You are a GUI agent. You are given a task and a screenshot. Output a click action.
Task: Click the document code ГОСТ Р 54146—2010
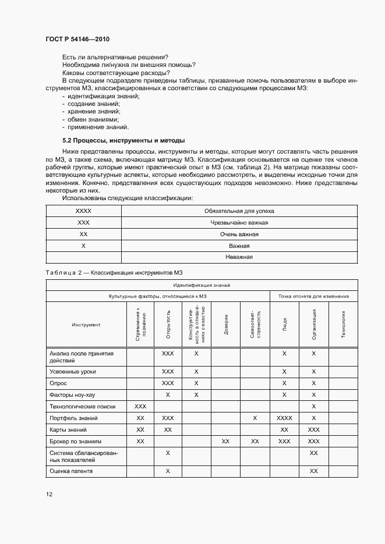coord(77,40)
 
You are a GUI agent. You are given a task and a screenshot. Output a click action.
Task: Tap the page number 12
coord(49,494)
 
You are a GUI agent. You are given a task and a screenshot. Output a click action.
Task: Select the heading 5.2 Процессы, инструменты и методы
coord(123,140)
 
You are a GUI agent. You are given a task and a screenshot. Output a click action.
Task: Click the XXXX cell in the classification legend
coord(83,211)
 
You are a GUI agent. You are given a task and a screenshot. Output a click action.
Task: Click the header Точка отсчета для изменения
coord(313,296)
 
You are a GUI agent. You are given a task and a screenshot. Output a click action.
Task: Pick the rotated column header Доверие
coord(225,324)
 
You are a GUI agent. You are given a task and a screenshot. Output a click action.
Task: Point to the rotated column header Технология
coord(343,324)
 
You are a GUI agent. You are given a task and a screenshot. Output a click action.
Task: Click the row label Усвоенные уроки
coord(73,371)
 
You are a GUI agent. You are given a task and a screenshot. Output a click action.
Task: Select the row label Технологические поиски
coord(82,406)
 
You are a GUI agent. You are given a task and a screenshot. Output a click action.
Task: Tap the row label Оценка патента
coord(71,471)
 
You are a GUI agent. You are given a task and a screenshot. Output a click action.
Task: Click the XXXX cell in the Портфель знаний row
coord(284,418)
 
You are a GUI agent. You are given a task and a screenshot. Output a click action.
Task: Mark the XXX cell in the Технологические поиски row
coord(140,406)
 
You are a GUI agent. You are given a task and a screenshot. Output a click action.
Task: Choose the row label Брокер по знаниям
coord(76,441)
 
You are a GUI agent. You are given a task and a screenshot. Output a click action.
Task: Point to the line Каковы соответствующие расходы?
coord(116,73)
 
